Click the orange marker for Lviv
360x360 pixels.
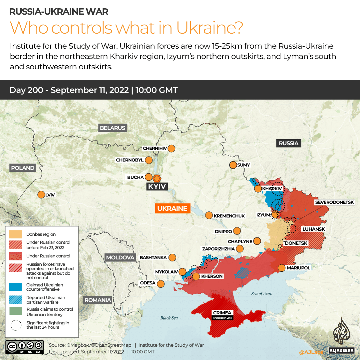pos(41,194)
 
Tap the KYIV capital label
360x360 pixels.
pos(157,186)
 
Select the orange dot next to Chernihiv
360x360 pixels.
pos(172,149)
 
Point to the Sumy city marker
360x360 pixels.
pos(232,165)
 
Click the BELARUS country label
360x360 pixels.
pos(113,128)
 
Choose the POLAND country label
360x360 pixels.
pos(23,168)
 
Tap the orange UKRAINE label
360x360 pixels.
pos(172,208)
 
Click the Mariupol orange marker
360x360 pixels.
pos(281,268)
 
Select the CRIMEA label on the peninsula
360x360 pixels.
pos(223,313)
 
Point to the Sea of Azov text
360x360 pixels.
pos(262,294)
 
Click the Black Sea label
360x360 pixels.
pos(169,318)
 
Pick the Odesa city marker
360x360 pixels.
pos(161,284)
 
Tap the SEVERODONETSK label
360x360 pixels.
pos(337,202)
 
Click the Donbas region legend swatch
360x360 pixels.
pos(16,234)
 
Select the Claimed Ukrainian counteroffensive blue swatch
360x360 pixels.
pos(16,287)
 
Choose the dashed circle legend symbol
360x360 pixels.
pos(16,325)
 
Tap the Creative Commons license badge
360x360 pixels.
pos(24,346)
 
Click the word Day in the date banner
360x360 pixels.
pos(17,90)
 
